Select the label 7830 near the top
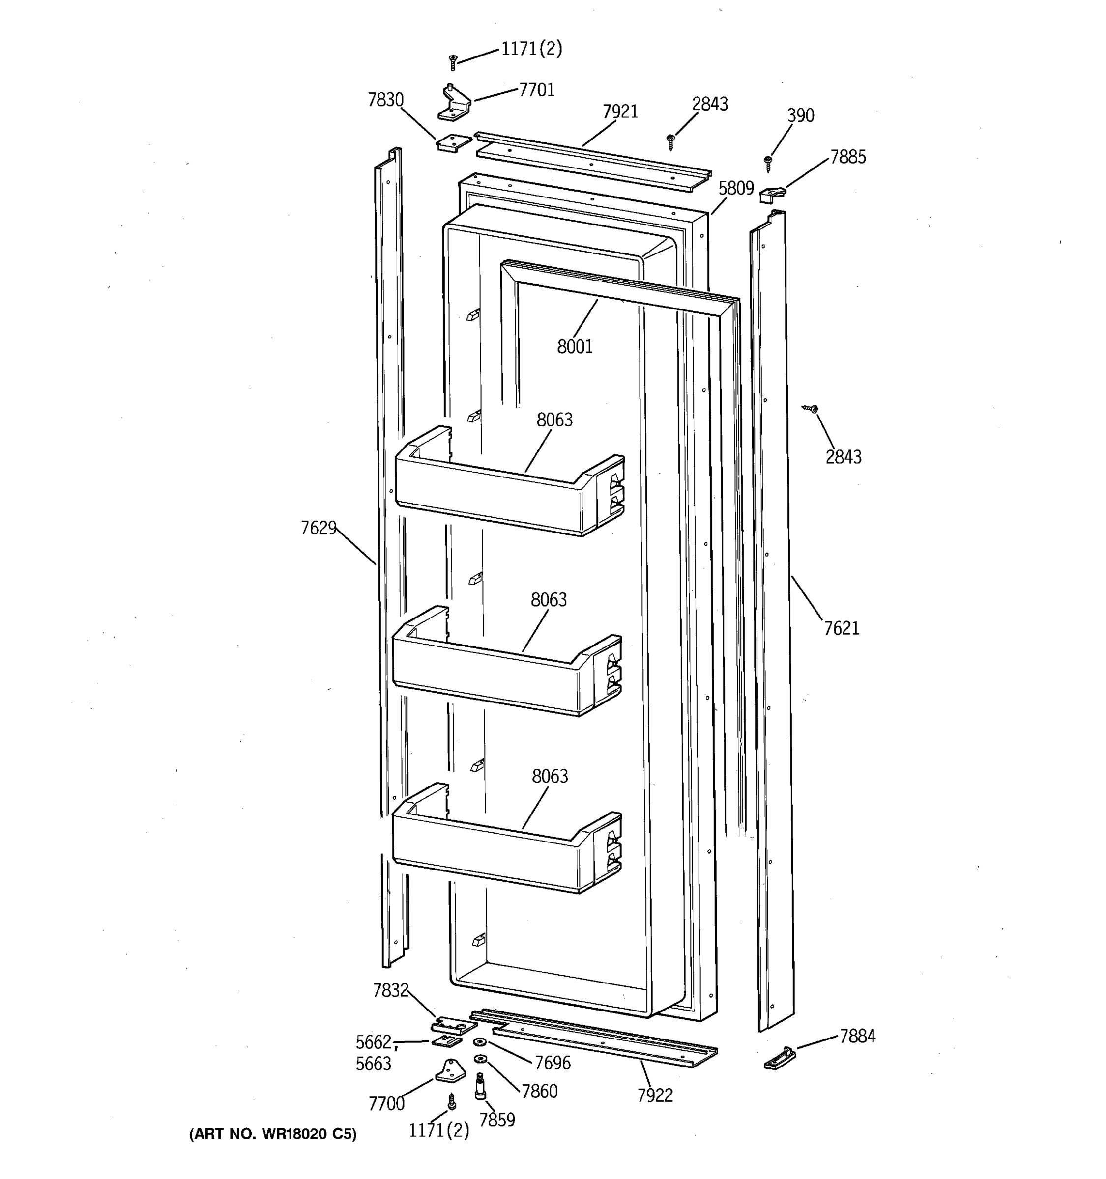pos(386,100)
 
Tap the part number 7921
pos(620,112)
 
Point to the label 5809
pos(736,188)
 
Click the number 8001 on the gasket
pos(574,346)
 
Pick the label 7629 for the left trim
pos(319,528)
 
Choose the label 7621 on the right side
pos(842,628)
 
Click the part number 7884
pos(857,1036)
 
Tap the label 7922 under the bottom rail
pos(655,1095)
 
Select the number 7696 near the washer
pos(553,1063)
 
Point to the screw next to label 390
pos(768,162)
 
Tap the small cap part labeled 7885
pos(773,194)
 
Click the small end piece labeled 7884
pos(779,1058)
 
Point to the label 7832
pos(390,990)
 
